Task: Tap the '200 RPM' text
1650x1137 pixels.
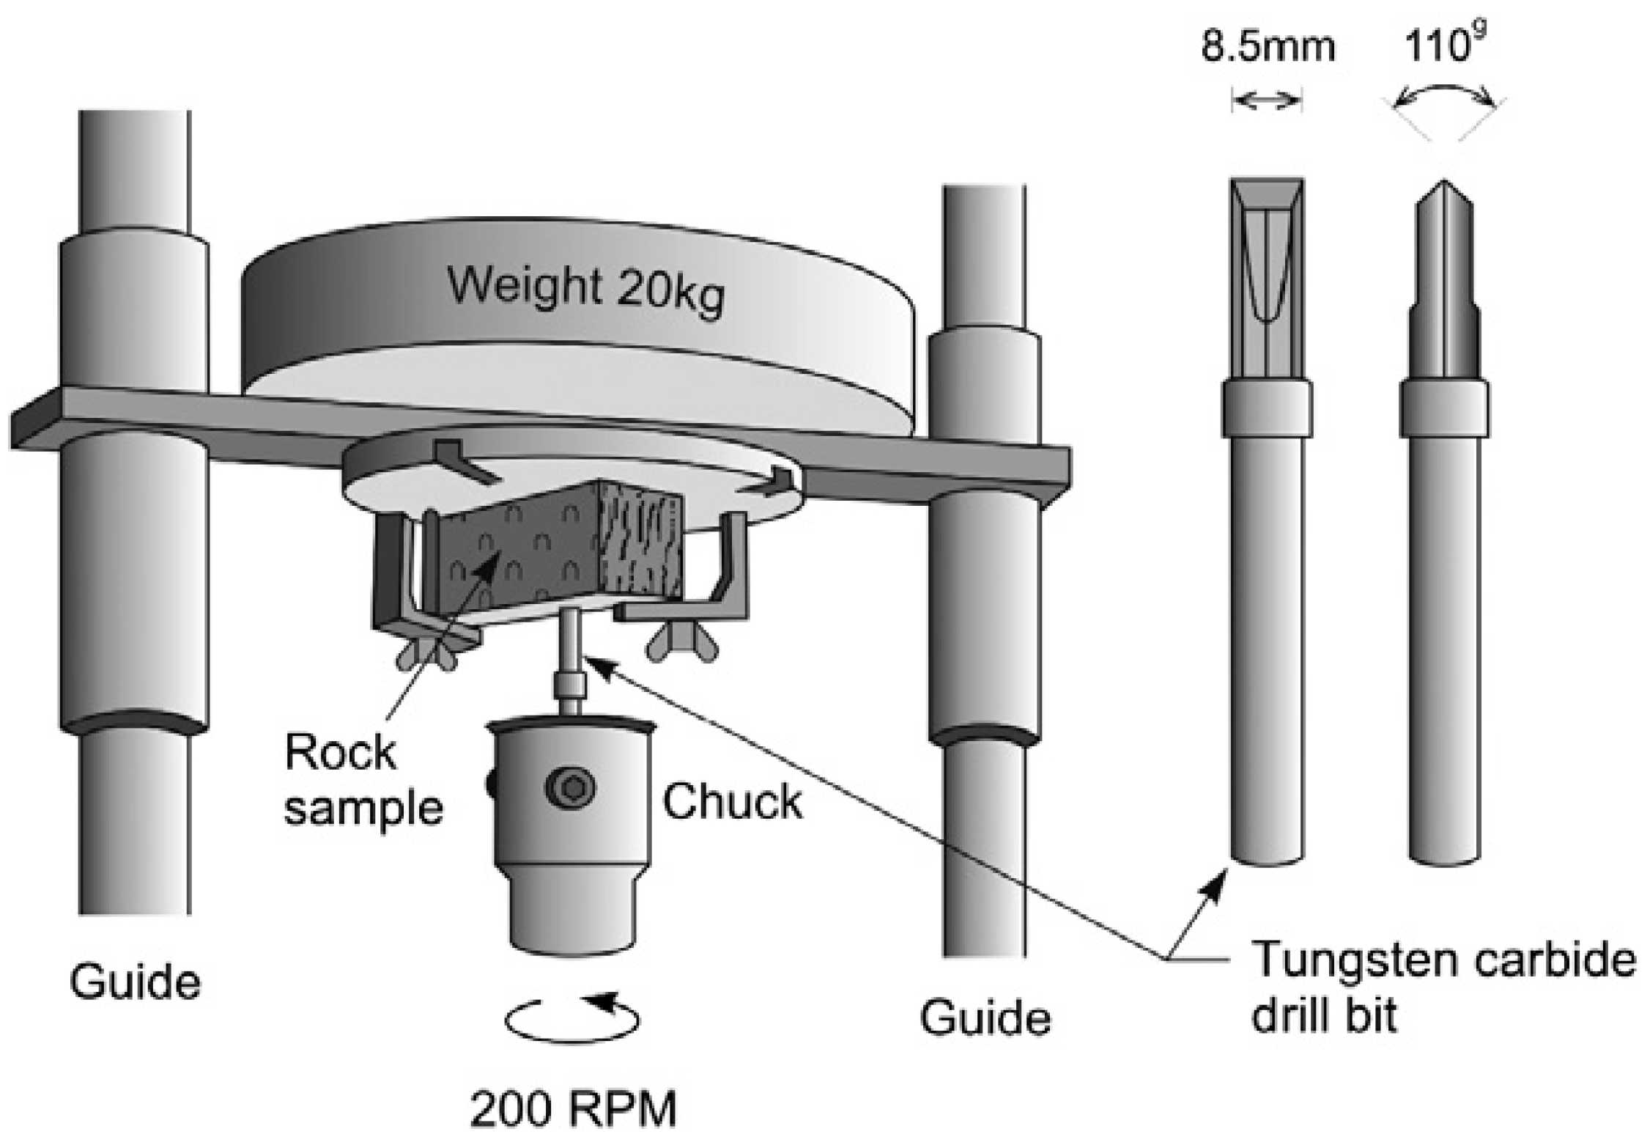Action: [574, 1109]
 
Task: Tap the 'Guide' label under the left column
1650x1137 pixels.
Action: [135, 982]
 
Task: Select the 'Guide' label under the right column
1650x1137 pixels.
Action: [985, 1018]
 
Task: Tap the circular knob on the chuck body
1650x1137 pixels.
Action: [570, 788]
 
